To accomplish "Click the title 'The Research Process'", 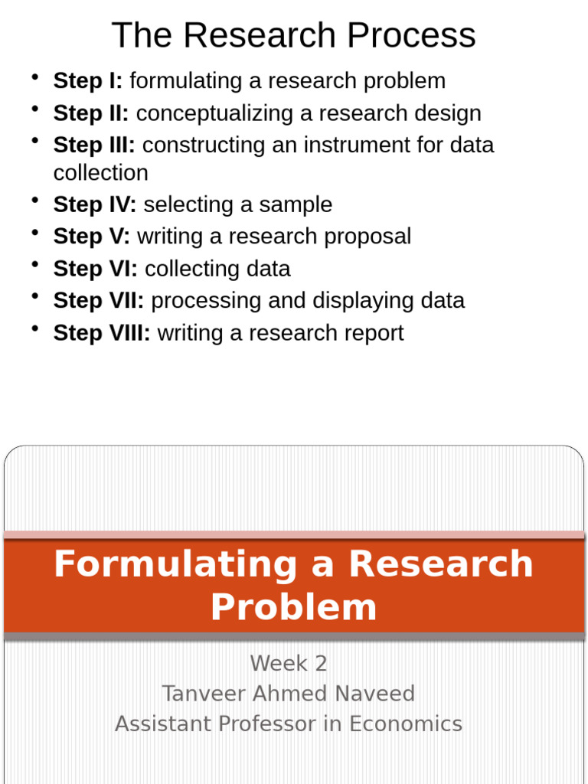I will coord(293,35).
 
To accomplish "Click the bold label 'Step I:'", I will coord(87,80).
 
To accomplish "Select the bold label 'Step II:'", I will coord(90,113).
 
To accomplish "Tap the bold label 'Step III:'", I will coord(93,145).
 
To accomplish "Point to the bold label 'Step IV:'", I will coord(94,204).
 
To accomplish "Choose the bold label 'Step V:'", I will coord(91,236).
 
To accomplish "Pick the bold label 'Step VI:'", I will coord(95,269).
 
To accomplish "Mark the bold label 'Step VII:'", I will coord(98,300).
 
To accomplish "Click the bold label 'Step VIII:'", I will coord(101,333).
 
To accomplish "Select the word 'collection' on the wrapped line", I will coord(100,173).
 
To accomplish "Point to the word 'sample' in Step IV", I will coord(296,204).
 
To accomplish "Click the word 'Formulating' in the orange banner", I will coord(175,564).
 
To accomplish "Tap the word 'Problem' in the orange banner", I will coord(293,607).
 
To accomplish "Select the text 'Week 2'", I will coord(289,663).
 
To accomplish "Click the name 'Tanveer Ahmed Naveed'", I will coord(289,694).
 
